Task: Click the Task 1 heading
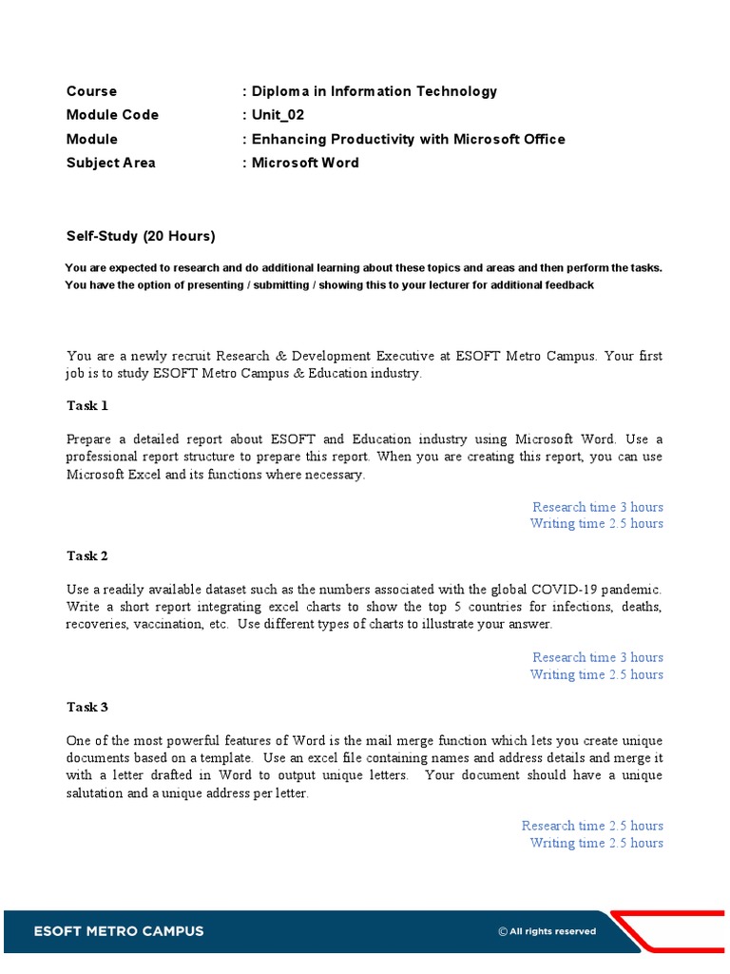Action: (87, 406)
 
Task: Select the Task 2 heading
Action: (87, 556)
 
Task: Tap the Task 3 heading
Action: (87, 708)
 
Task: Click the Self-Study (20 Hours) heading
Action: (141, 236)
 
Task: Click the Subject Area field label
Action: (111, 163)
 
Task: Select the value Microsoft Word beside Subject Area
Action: (305, 163)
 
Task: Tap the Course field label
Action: (92, 91)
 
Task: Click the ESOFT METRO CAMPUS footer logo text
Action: (119, 931)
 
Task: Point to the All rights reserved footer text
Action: (547, 932)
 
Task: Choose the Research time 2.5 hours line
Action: (592, 826)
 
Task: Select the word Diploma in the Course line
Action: (280, 91)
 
